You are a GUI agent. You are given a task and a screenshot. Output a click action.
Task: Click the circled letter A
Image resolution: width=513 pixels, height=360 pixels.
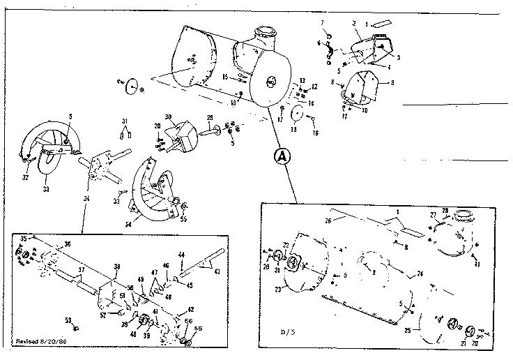(x=281, y=156)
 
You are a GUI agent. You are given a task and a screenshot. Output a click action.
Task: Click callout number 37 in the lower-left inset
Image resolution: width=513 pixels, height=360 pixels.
(x=81, y=269)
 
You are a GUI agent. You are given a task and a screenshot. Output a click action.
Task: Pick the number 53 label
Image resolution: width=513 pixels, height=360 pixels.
(x=68, y=320)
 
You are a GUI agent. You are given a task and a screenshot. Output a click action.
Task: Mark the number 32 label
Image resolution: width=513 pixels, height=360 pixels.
(x=26, y=178)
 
